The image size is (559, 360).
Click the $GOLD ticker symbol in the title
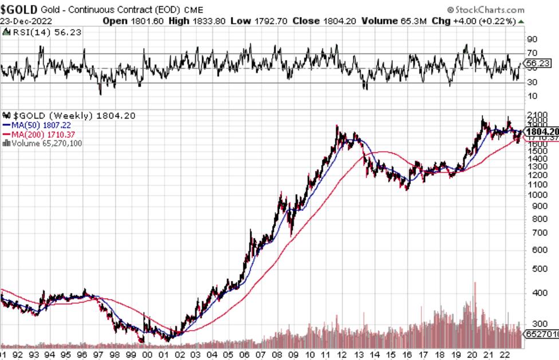click(19, 10)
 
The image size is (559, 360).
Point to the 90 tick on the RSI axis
click(532, 40)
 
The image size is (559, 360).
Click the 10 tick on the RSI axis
click(532, 95)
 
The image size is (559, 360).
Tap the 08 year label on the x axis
click(278, 354)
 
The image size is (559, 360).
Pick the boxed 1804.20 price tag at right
click(542, 131)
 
